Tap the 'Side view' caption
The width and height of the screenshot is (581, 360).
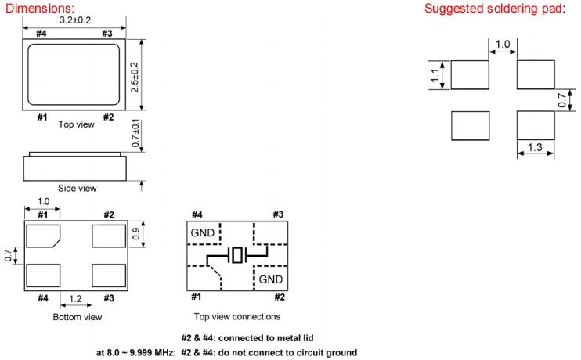tap(76, 188)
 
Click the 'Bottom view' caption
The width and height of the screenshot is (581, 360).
tap(77, 317)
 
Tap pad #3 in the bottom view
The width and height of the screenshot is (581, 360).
tap(108, 276)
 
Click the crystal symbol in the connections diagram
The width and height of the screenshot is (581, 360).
tap(236, 255)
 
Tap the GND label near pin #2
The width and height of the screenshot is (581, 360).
tap(271, 279)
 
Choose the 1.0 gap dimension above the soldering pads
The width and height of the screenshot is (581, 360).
tap(503, 45)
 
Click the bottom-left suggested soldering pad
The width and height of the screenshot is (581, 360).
tap(471, 124)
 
